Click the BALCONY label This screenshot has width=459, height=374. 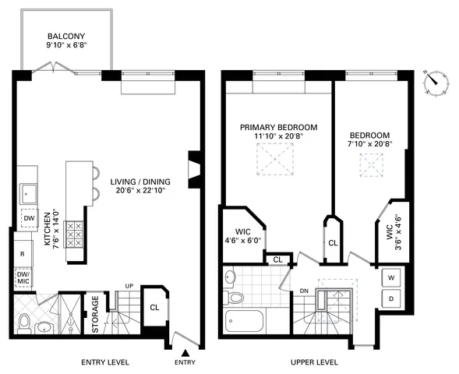coord(67,36)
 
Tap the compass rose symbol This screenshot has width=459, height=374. coord(433,82)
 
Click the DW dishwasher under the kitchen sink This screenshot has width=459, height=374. coord(27,219)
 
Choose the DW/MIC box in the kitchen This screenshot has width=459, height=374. coord(23,277)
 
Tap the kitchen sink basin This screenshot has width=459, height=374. coord(29,191)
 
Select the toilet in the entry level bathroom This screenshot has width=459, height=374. coord(26,321)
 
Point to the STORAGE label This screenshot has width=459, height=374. coord(95,314)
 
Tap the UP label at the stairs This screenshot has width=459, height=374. coord(131,286)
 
